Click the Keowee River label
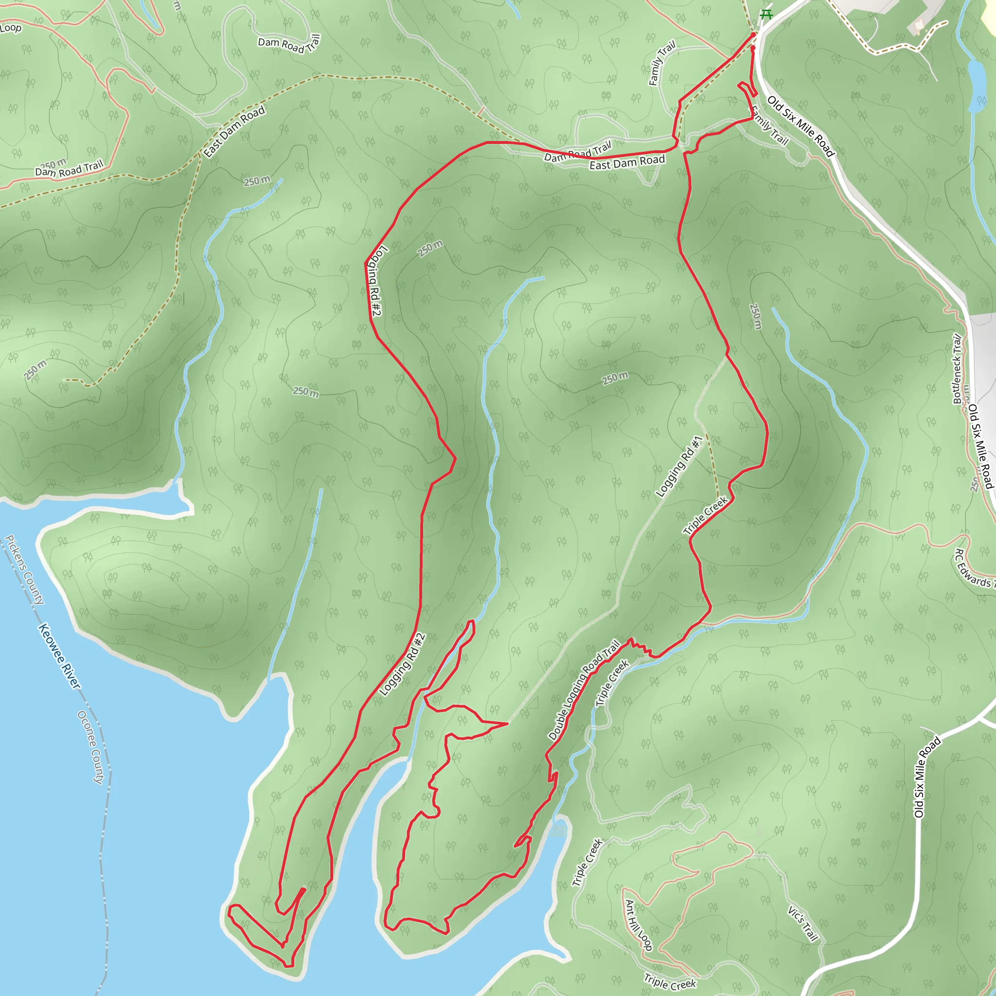[x=59, y=656]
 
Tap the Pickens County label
[x=25, y=569]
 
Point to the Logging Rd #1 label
[x=679, y=466]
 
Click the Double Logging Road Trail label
[x=584, y=690]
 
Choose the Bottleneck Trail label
[x=957, y=368]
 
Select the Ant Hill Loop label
[x=638, y=925]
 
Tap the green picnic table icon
[x=766, y=14]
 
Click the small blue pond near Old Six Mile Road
[x=976, y=85]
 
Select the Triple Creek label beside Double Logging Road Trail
[x=612, y=683]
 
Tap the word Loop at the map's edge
[x=10, y=28]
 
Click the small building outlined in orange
[x=919, y=25]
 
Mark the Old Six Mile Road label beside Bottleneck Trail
[x=980, y=446]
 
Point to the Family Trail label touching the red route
[x=769, y=125]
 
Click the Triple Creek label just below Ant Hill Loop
[x=670, y=981]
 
